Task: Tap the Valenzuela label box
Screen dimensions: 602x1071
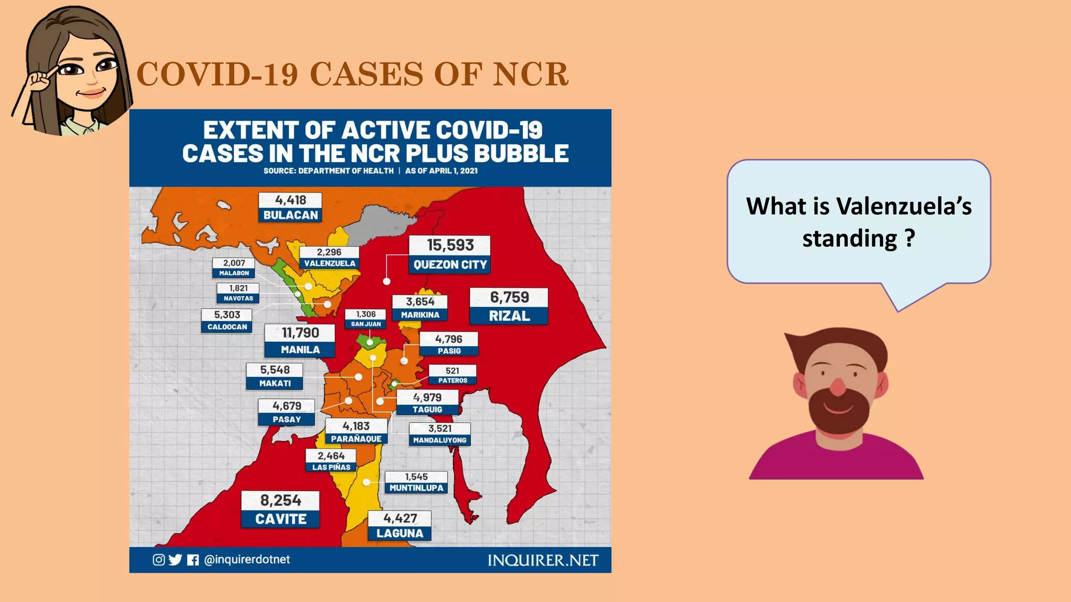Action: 329,258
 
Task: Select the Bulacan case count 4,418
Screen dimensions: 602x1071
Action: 291,200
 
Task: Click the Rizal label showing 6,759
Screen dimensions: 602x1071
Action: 509,307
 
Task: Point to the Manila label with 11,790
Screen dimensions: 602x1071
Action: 300,341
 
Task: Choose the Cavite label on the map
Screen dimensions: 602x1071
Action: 280,510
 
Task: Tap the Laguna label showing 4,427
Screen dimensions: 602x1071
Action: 400,526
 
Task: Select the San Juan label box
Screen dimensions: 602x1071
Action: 366,319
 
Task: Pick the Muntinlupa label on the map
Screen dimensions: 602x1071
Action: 416,482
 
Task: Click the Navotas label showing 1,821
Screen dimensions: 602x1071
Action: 238,293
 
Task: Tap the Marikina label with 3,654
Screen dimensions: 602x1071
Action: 420,308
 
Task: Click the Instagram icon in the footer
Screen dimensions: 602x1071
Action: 158,560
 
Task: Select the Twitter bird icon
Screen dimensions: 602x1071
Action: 175,560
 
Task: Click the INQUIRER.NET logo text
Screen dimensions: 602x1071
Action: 543,561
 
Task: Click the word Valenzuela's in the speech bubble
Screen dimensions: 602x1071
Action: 904,206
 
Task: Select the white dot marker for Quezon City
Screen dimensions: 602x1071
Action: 386,281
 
